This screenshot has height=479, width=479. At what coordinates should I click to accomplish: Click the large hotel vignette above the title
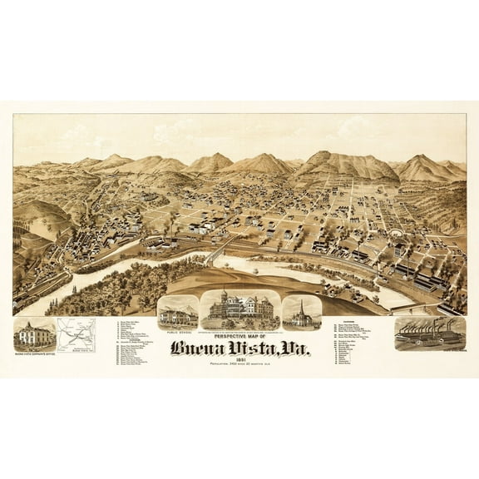coord(239,309)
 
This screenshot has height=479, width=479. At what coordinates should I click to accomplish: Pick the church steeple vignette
coord(301,312)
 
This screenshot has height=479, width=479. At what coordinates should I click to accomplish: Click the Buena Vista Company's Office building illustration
coord(33,335)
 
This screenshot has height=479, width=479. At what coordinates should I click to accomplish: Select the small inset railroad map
coord(76,335)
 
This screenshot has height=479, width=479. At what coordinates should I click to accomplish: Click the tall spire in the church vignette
coord(300,306)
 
